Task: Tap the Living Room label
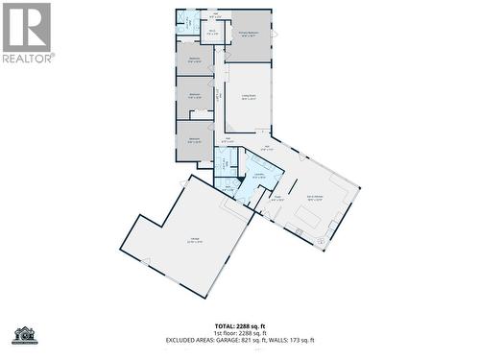(x=249, y=98)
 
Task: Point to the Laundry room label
(x=258, y=174)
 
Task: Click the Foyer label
(x=277, y=197)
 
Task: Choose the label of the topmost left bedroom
(x=194, y=60)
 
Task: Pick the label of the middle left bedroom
(x=194, y=94)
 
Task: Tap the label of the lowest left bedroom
(x=194, y=139)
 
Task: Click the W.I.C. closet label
(x=212, y=32)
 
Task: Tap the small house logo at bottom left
(x=22, y=335)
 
